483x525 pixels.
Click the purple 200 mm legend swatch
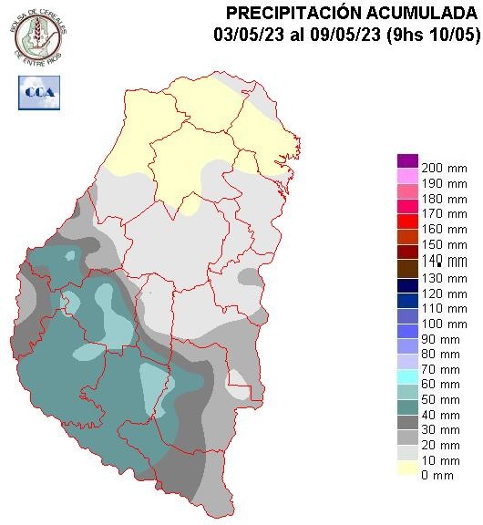[x=406, y=161]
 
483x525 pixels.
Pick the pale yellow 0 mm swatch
[x=406, y=468]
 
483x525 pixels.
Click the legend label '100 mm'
[x=438, y=324]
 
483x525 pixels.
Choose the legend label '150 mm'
[x=438, y=246]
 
